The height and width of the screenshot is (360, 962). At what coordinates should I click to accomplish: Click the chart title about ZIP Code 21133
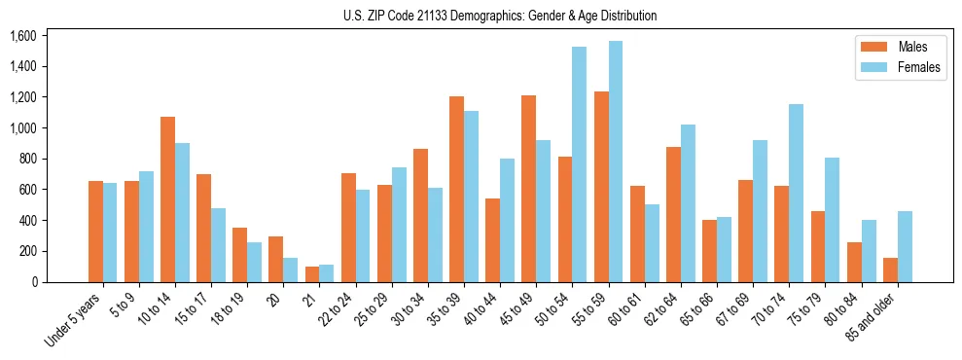[500, 16]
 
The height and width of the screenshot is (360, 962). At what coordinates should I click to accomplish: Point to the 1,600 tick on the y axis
[22, 36]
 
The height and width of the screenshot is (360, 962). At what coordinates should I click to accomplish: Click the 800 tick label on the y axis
[27, 159]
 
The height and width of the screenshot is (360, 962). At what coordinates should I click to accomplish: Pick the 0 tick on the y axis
[33, 282]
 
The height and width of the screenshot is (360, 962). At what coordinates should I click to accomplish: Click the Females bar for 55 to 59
[616, 162]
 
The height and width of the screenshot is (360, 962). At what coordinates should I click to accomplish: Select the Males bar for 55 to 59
[601, 187]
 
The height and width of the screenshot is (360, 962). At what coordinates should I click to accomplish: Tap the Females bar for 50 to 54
[580, 164]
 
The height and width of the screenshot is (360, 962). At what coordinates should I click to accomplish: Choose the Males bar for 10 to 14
[167, 199]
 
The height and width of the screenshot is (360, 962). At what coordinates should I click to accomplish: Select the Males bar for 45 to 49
[529, 189]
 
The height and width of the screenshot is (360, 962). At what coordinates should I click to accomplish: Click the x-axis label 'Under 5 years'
[75, 322]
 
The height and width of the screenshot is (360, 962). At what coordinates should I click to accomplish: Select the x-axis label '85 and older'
[874, 319]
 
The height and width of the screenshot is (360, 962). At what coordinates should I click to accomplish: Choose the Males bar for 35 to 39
[456, 189]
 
